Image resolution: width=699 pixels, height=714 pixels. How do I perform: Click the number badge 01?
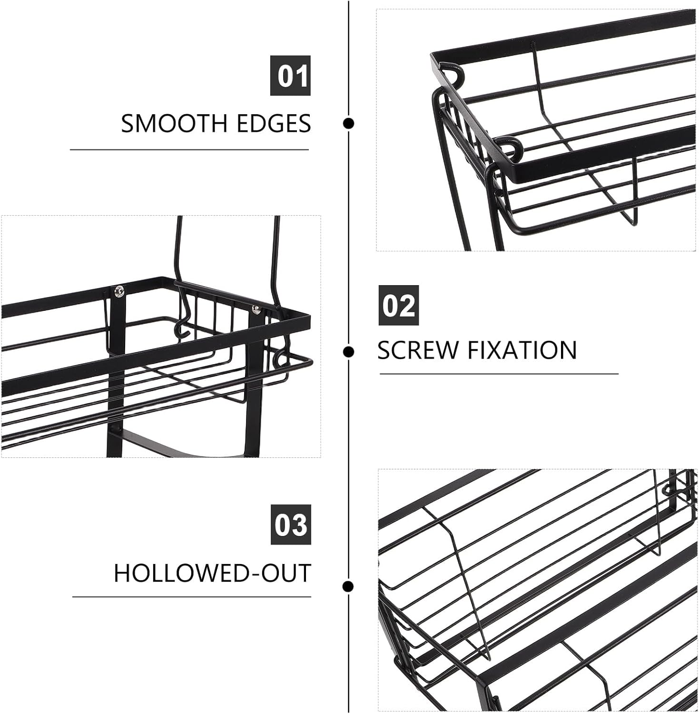290,76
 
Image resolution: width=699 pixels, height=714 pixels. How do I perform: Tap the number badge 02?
398,305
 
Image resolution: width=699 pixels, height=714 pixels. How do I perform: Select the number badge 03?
291,525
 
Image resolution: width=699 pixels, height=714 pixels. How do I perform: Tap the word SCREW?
417,350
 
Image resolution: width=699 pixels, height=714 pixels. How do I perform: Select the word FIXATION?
522,350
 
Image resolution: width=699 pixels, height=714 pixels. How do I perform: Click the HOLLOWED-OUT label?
212,573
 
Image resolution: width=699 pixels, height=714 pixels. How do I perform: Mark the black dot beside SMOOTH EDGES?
348,124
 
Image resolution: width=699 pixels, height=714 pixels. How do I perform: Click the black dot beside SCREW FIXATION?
348,352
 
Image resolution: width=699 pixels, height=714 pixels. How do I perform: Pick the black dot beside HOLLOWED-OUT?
348,586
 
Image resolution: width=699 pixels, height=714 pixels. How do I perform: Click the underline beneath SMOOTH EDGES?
189,149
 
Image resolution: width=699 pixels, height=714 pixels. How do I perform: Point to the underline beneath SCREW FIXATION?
499,374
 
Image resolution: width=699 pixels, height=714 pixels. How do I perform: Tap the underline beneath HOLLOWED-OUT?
191,596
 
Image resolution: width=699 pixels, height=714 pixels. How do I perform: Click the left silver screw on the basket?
118,289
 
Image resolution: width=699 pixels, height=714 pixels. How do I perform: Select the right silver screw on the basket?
256,309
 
